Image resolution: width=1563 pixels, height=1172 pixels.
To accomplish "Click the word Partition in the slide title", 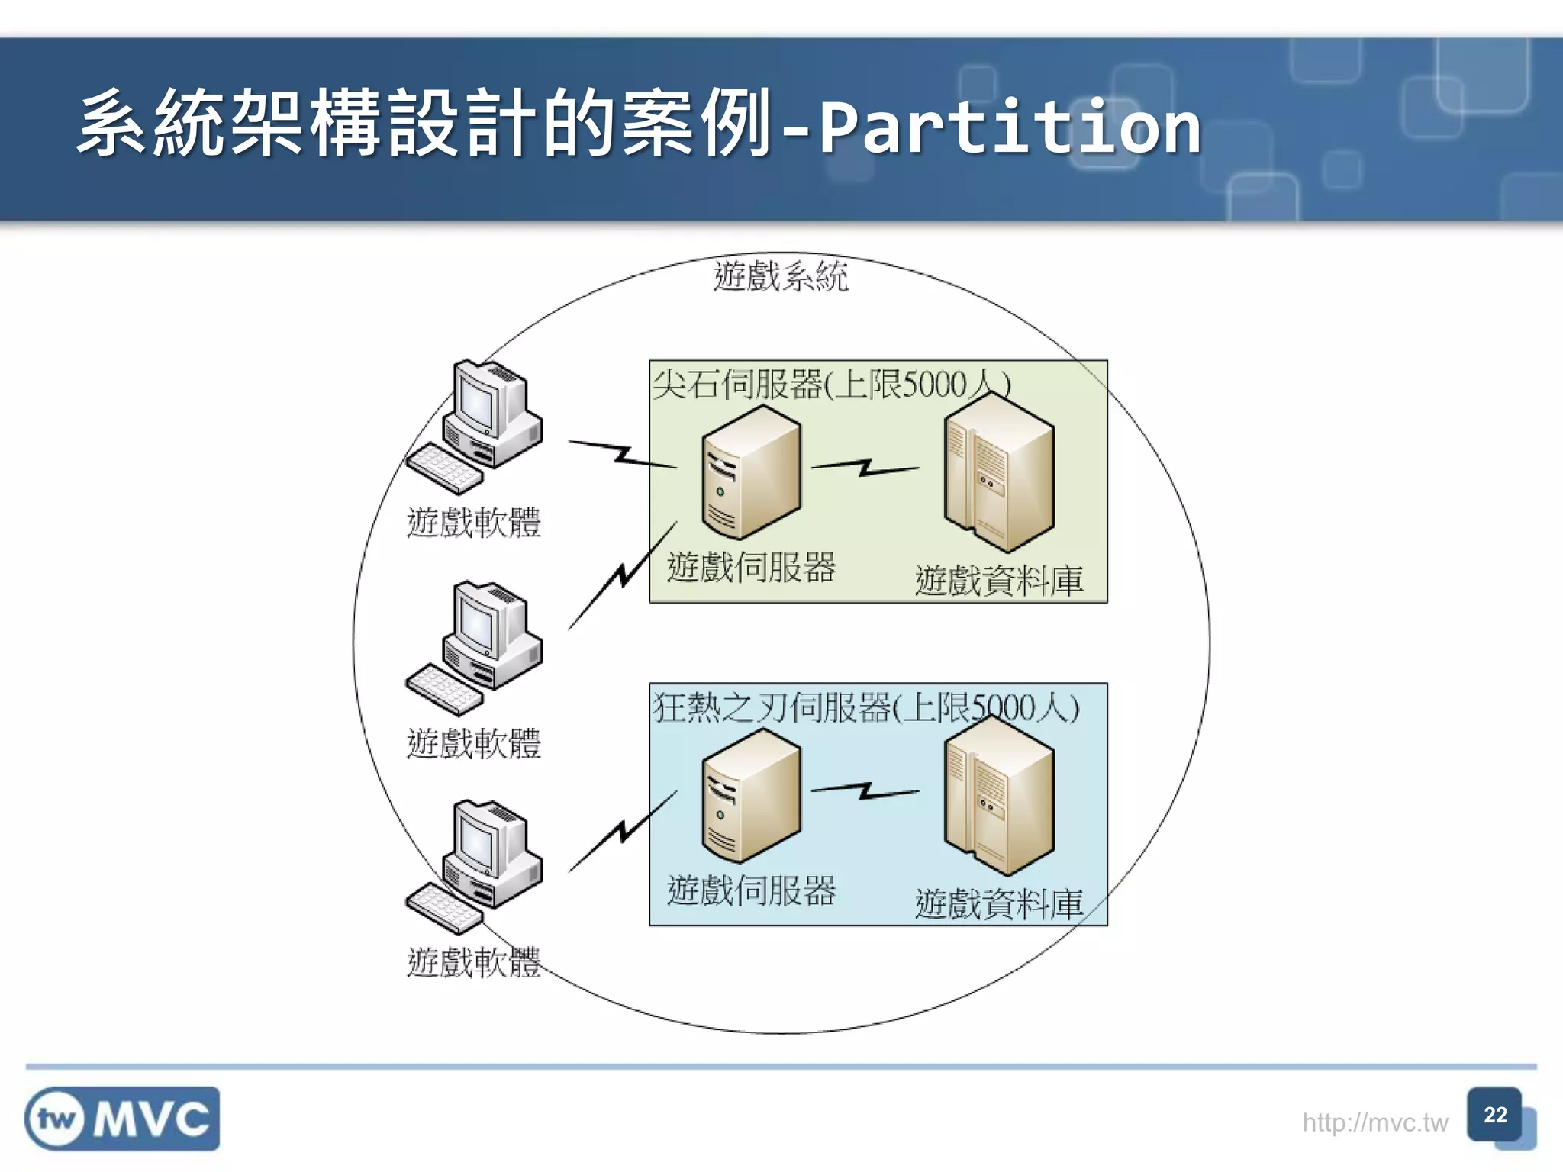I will point(1009,126).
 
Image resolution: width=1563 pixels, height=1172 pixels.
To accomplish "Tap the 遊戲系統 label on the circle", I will point(780,276).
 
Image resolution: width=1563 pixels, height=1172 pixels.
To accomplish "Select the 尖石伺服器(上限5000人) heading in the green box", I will point(830,384).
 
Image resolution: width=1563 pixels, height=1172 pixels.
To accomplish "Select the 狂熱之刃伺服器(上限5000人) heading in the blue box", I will point(865,707).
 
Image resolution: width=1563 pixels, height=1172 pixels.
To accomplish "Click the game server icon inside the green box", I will point(751,473).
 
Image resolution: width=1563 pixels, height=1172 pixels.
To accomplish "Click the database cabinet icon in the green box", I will point(998,473).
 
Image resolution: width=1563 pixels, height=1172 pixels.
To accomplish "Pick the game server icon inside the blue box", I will point(751,796).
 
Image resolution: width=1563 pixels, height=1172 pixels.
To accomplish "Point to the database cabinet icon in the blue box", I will point(998,796).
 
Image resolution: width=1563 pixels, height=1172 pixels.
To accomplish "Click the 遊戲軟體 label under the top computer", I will point(473,523).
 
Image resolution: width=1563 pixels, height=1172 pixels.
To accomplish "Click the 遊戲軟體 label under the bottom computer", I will point(473,962).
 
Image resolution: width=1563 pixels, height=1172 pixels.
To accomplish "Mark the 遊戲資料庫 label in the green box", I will point(998,581).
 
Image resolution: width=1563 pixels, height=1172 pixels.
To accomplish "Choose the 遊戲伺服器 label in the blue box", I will point(751,890).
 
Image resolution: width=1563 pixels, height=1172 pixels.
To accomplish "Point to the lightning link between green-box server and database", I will point(865,467).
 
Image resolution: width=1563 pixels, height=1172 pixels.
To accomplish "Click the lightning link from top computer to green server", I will point(623,455).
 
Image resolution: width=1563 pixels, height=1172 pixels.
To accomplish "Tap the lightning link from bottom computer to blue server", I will point(623,832).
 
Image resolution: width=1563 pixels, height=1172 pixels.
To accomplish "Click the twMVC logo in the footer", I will point(122,1119).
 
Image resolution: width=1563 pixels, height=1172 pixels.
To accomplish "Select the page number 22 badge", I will point(1494,1115).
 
